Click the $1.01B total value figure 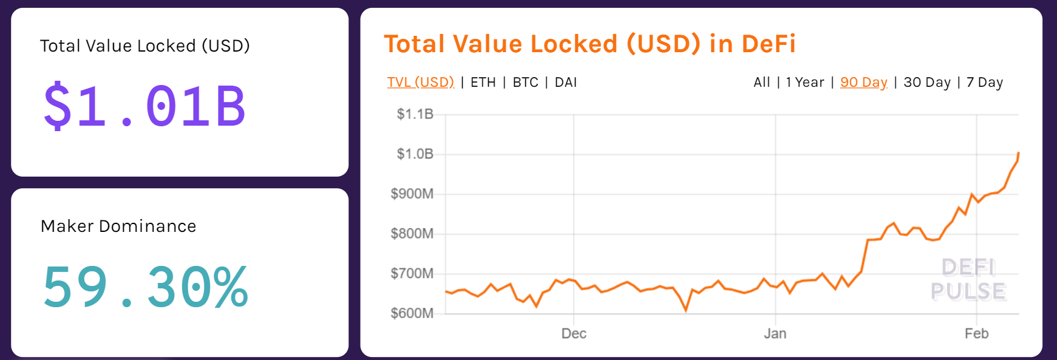click(x=144, y=106)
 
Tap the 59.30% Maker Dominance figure click(x=145, y=287)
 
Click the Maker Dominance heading click(x=118, y=226)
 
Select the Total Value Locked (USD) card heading click(x=144, y=46)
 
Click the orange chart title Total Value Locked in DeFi click(x=590, y=44)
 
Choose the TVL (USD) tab click(x=421, y=82)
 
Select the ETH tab click(x=483, y=82)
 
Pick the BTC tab click(x=526, y=82)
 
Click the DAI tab click(x=566, y=82)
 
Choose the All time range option click(x=761, y=82)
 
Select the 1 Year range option click(x=805, y=82)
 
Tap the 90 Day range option click(x=864, y=82)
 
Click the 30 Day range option click(x=927, y=82)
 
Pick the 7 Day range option click(x=985, y=82)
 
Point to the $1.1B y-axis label click(x=415, y=114)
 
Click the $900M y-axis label click(x=412, y=194)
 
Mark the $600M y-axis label click(x=412, y=313)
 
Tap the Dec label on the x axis click(x=574, y=333)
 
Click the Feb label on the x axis click(x=976, y=333)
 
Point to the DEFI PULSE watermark click(x=968, y=279)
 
